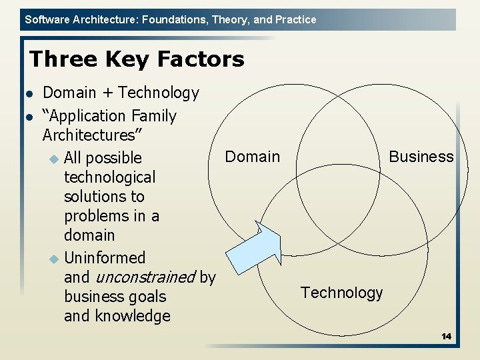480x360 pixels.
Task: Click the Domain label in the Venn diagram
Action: click(253, 157)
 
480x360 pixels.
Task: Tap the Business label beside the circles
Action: click(421, 157)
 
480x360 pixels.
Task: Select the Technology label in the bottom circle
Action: click(341, 293)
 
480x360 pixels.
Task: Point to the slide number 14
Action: click(446, 337)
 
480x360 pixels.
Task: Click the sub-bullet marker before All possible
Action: click(54, 159)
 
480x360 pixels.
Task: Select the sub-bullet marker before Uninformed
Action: click(54, 258)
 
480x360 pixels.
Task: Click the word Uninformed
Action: click(105, 258)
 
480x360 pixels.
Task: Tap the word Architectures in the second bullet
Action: click(87, 135)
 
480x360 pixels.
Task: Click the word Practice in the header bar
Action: click(295, 20)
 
